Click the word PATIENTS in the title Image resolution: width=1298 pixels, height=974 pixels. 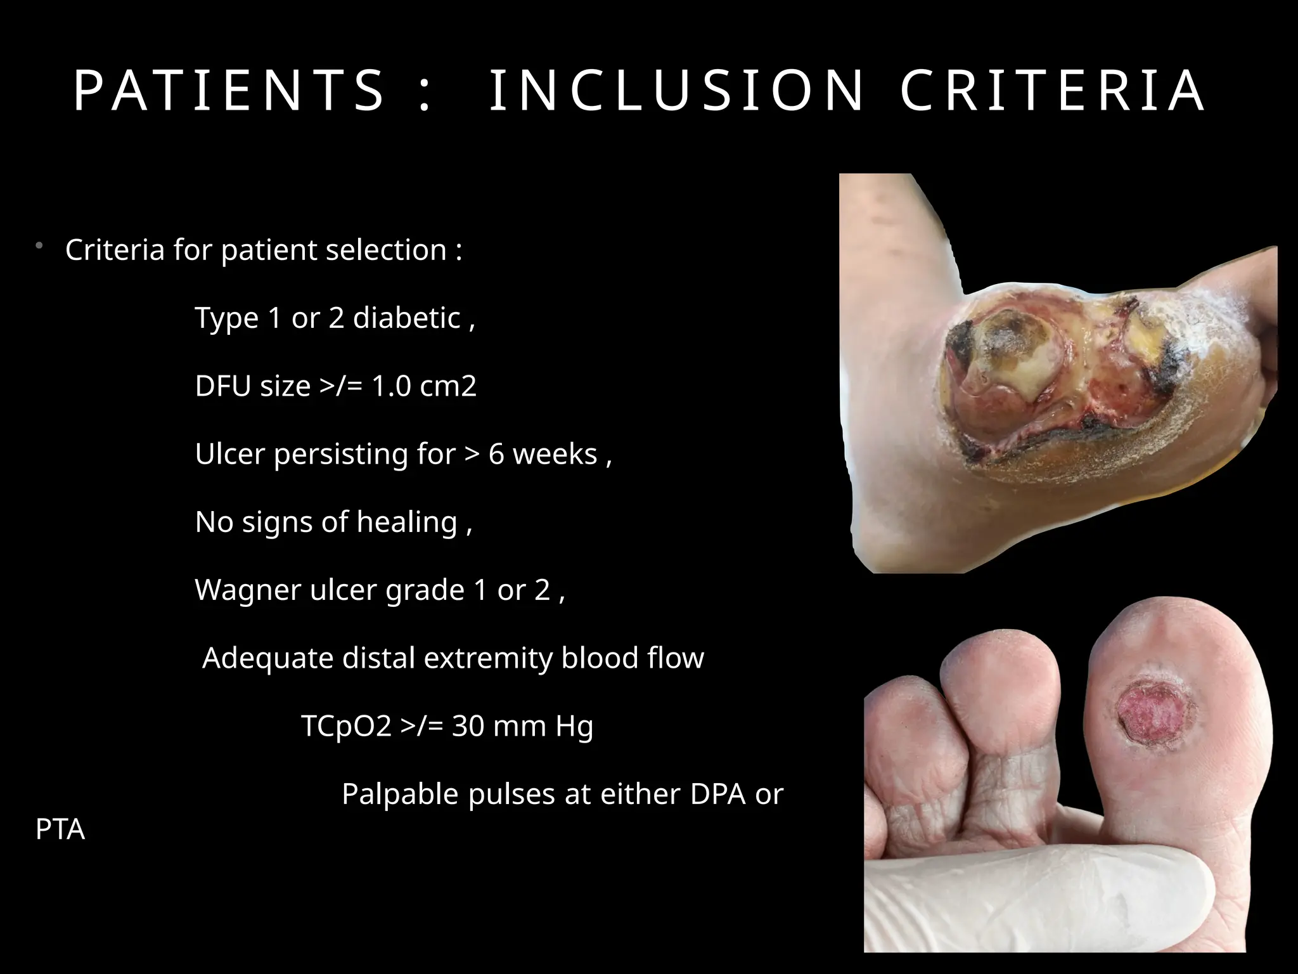(x=229, y=91)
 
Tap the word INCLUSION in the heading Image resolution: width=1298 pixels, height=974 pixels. (x=677, y=91)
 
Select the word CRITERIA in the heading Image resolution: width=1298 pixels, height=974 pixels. (x=1053, y=91)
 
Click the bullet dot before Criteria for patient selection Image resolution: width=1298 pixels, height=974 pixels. (x=39, y=245)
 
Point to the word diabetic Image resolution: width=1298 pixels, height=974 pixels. (x=406, y=318)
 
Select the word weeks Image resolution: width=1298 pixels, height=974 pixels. (x=555, y=454)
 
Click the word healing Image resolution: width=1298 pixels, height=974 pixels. (x=406, y=522)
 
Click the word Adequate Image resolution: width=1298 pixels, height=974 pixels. (x=267, y=658)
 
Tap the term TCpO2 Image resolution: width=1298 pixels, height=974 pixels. (x=346, y=726)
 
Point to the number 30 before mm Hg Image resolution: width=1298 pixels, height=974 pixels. (x=468, y=726)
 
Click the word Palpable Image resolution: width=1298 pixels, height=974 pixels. (x=400, y=794)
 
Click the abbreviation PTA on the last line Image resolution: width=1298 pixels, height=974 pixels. (x=60, y=829)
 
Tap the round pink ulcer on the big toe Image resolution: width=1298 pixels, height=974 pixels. (x=1148, y=714)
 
